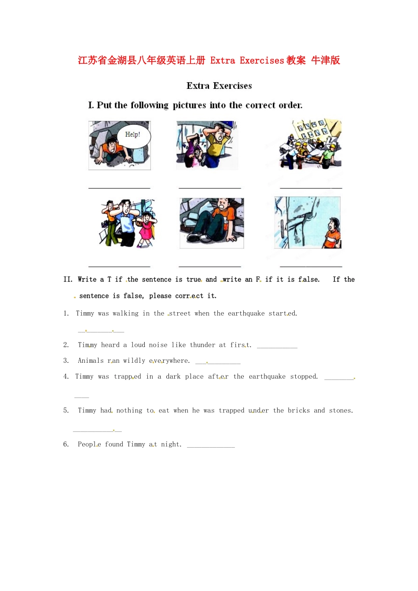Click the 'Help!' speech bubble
click(x=134, y=136)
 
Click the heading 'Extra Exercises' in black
click(x=219, y=86)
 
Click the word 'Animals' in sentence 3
click(x=91, y=361)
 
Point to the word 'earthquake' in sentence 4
click(x=267, y=376)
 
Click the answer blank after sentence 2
click(x=277, y=348)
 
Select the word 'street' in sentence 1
click(x=180, y=314)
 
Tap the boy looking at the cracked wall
click(x=332, y=233)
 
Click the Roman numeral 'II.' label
click(x=68, y=279)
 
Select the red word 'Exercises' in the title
click(x=262, y=60)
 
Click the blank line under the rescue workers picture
click(x=311, y=188)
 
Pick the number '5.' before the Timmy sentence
click(x=66, y=410)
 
